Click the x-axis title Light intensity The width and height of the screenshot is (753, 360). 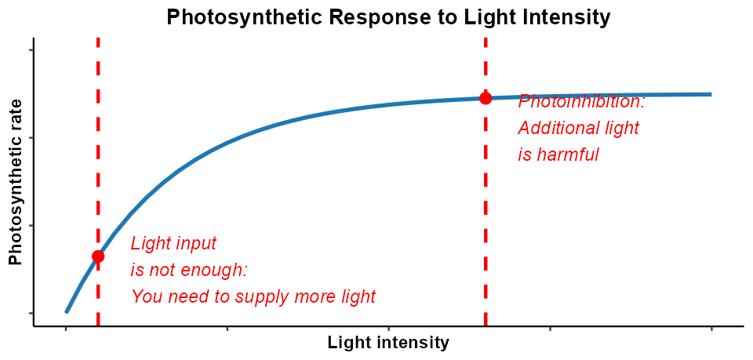[x=388, y=343]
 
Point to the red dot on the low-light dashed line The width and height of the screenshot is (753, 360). [x=98, y=256]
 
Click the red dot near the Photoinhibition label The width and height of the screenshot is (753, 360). [x=486, y=98]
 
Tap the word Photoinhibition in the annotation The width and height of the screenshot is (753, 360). [x=581, y=102]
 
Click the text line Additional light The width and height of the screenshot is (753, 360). [x=578, y=129]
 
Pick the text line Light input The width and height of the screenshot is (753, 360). [x=173, y=244]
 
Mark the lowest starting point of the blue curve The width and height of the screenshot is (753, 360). [x=67, y=312]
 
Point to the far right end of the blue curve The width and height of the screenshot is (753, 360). [x=711, y=94]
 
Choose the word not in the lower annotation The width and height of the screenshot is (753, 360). [x=158, y=271]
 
